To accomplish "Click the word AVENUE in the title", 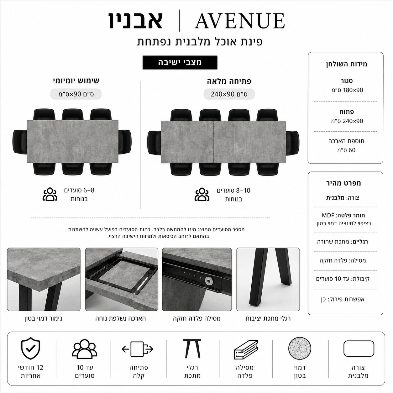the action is pyautogui.click(x=240, y=21).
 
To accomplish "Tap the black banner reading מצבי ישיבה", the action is pyautogui.click(x=180, y=62).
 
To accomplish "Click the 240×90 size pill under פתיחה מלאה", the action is pyautogui.click(x=229, y=94).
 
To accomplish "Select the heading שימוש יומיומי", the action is pyautogui.click(x=76, y=80).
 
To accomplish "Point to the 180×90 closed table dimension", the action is pyautogui.click(x=347, y=90).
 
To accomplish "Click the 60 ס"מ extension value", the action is pyautogui.click(x=346, y=150).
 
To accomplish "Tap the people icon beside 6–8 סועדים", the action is pyautogui.click(x=50, y=194).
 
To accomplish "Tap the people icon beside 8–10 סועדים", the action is pyautogui.click(x=202, y=194).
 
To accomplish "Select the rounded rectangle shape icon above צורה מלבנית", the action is pyautogui.click(x=359, y=348).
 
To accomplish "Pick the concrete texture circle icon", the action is pyautogui.click(x=300, y=348).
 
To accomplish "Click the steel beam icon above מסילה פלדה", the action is pyautogui.click(x=246, y=349).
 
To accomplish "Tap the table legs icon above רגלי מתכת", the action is pyautogui.click(x=192, y=349).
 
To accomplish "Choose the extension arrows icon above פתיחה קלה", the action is pyautogui.click(x=138, y=349).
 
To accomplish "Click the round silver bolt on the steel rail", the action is pyautogui.click(x=208, y=281).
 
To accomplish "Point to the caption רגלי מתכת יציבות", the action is pyautogui.click(x=268, y=318).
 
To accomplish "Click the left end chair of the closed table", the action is pyautogui.click(x=20, y=142).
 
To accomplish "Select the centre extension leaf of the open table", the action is pyautogui.click(x=223, y=142).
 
